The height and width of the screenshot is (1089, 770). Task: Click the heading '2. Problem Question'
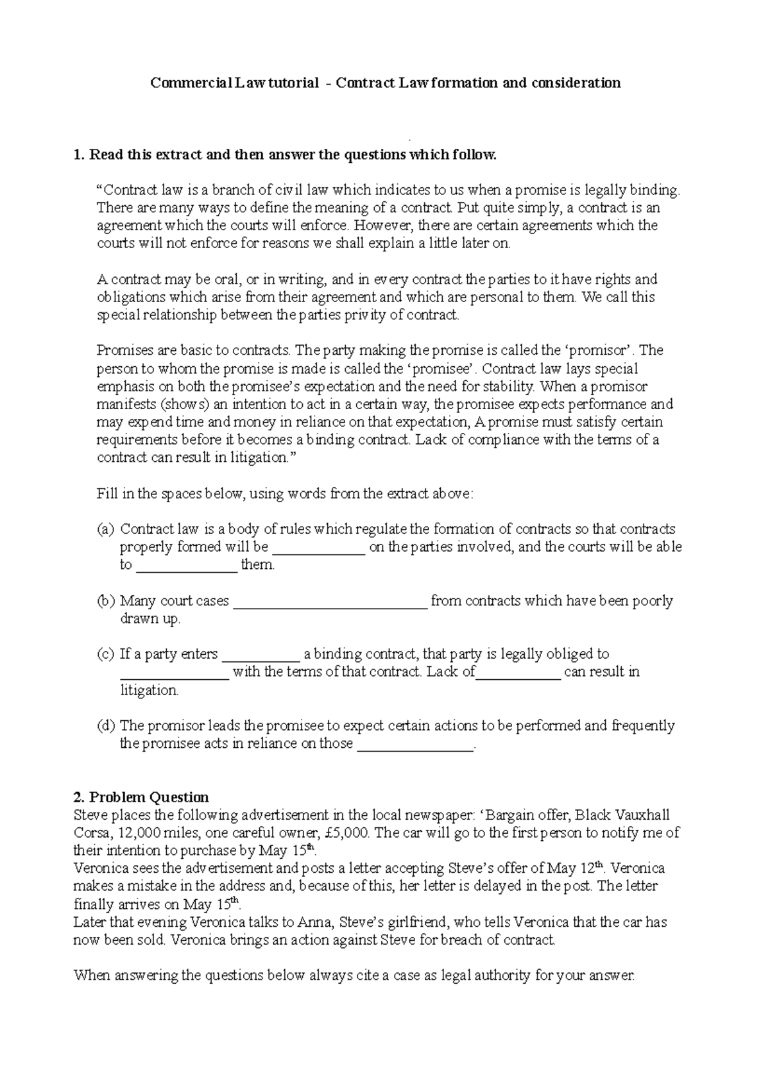(x=141, y=797)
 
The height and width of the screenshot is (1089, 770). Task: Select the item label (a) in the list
(x=105, y=529)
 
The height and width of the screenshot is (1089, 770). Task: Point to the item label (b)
(x=105, y=601)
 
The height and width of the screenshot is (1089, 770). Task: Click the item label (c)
(x=105, y=654)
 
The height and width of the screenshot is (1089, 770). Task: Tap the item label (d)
(x=105, y=726)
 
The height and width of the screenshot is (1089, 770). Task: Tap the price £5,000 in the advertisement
(x=346, y=833)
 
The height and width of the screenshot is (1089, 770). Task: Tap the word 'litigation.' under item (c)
(x=150, y=691)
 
